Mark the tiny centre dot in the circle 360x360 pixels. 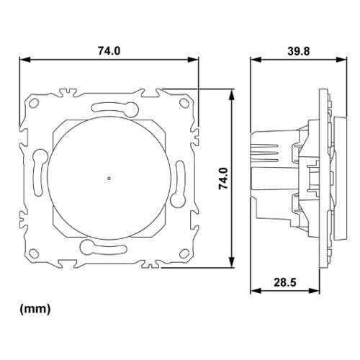(108, 177)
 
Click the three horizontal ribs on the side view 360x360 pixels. (264, 149)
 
